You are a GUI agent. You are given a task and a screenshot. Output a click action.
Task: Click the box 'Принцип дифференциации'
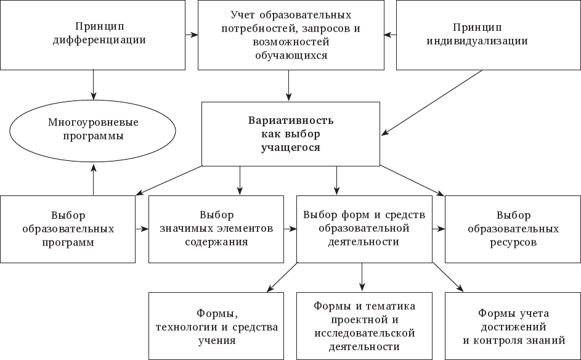(93, 35)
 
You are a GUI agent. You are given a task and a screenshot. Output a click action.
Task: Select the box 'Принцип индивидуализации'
(488, 35)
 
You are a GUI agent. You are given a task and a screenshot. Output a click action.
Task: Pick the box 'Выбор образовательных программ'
(68, 229)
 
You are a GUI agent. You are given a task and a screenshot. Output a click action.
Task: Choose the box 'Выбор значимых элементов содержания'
(216, 229)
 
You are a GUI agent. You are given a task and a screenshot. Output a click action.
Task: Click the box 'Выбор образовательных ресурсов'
(513, 229)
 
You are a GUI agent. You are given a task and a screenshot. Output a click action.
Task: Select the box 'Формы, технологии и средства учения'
(216, 325)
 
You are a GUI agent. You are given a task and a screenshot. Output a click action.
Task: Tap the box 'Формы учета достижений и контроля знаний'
(513, 325)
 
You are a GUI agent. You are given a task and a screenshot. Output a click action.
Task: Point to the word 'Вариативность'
(291, 120)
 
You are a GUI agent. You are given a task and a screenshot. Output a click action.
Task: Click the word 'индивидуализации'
(489, 42)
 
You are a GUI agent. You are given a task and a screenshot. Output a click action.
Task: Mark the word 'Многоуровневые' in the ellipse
(93, 122)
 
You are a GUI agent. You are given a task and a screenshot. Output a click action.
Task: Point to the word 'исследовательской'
(364, 333)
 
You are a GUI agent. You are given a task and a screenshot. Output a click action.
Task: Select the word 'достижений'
(513, 326)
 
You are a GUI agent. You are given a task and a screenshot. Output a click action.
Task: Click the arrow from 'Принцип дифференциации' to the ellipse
(93, 84)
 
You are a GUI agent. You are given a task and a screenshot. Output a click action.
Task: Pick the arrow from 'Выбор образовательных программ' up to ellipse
(93, 178)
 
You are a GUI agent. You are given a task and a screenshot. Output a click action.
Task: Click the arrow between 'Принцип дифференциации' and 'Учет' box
(192, 35)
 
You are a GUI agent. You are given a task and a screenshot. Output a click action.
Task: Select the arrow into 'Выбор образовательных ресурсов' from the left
(439, 229)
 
